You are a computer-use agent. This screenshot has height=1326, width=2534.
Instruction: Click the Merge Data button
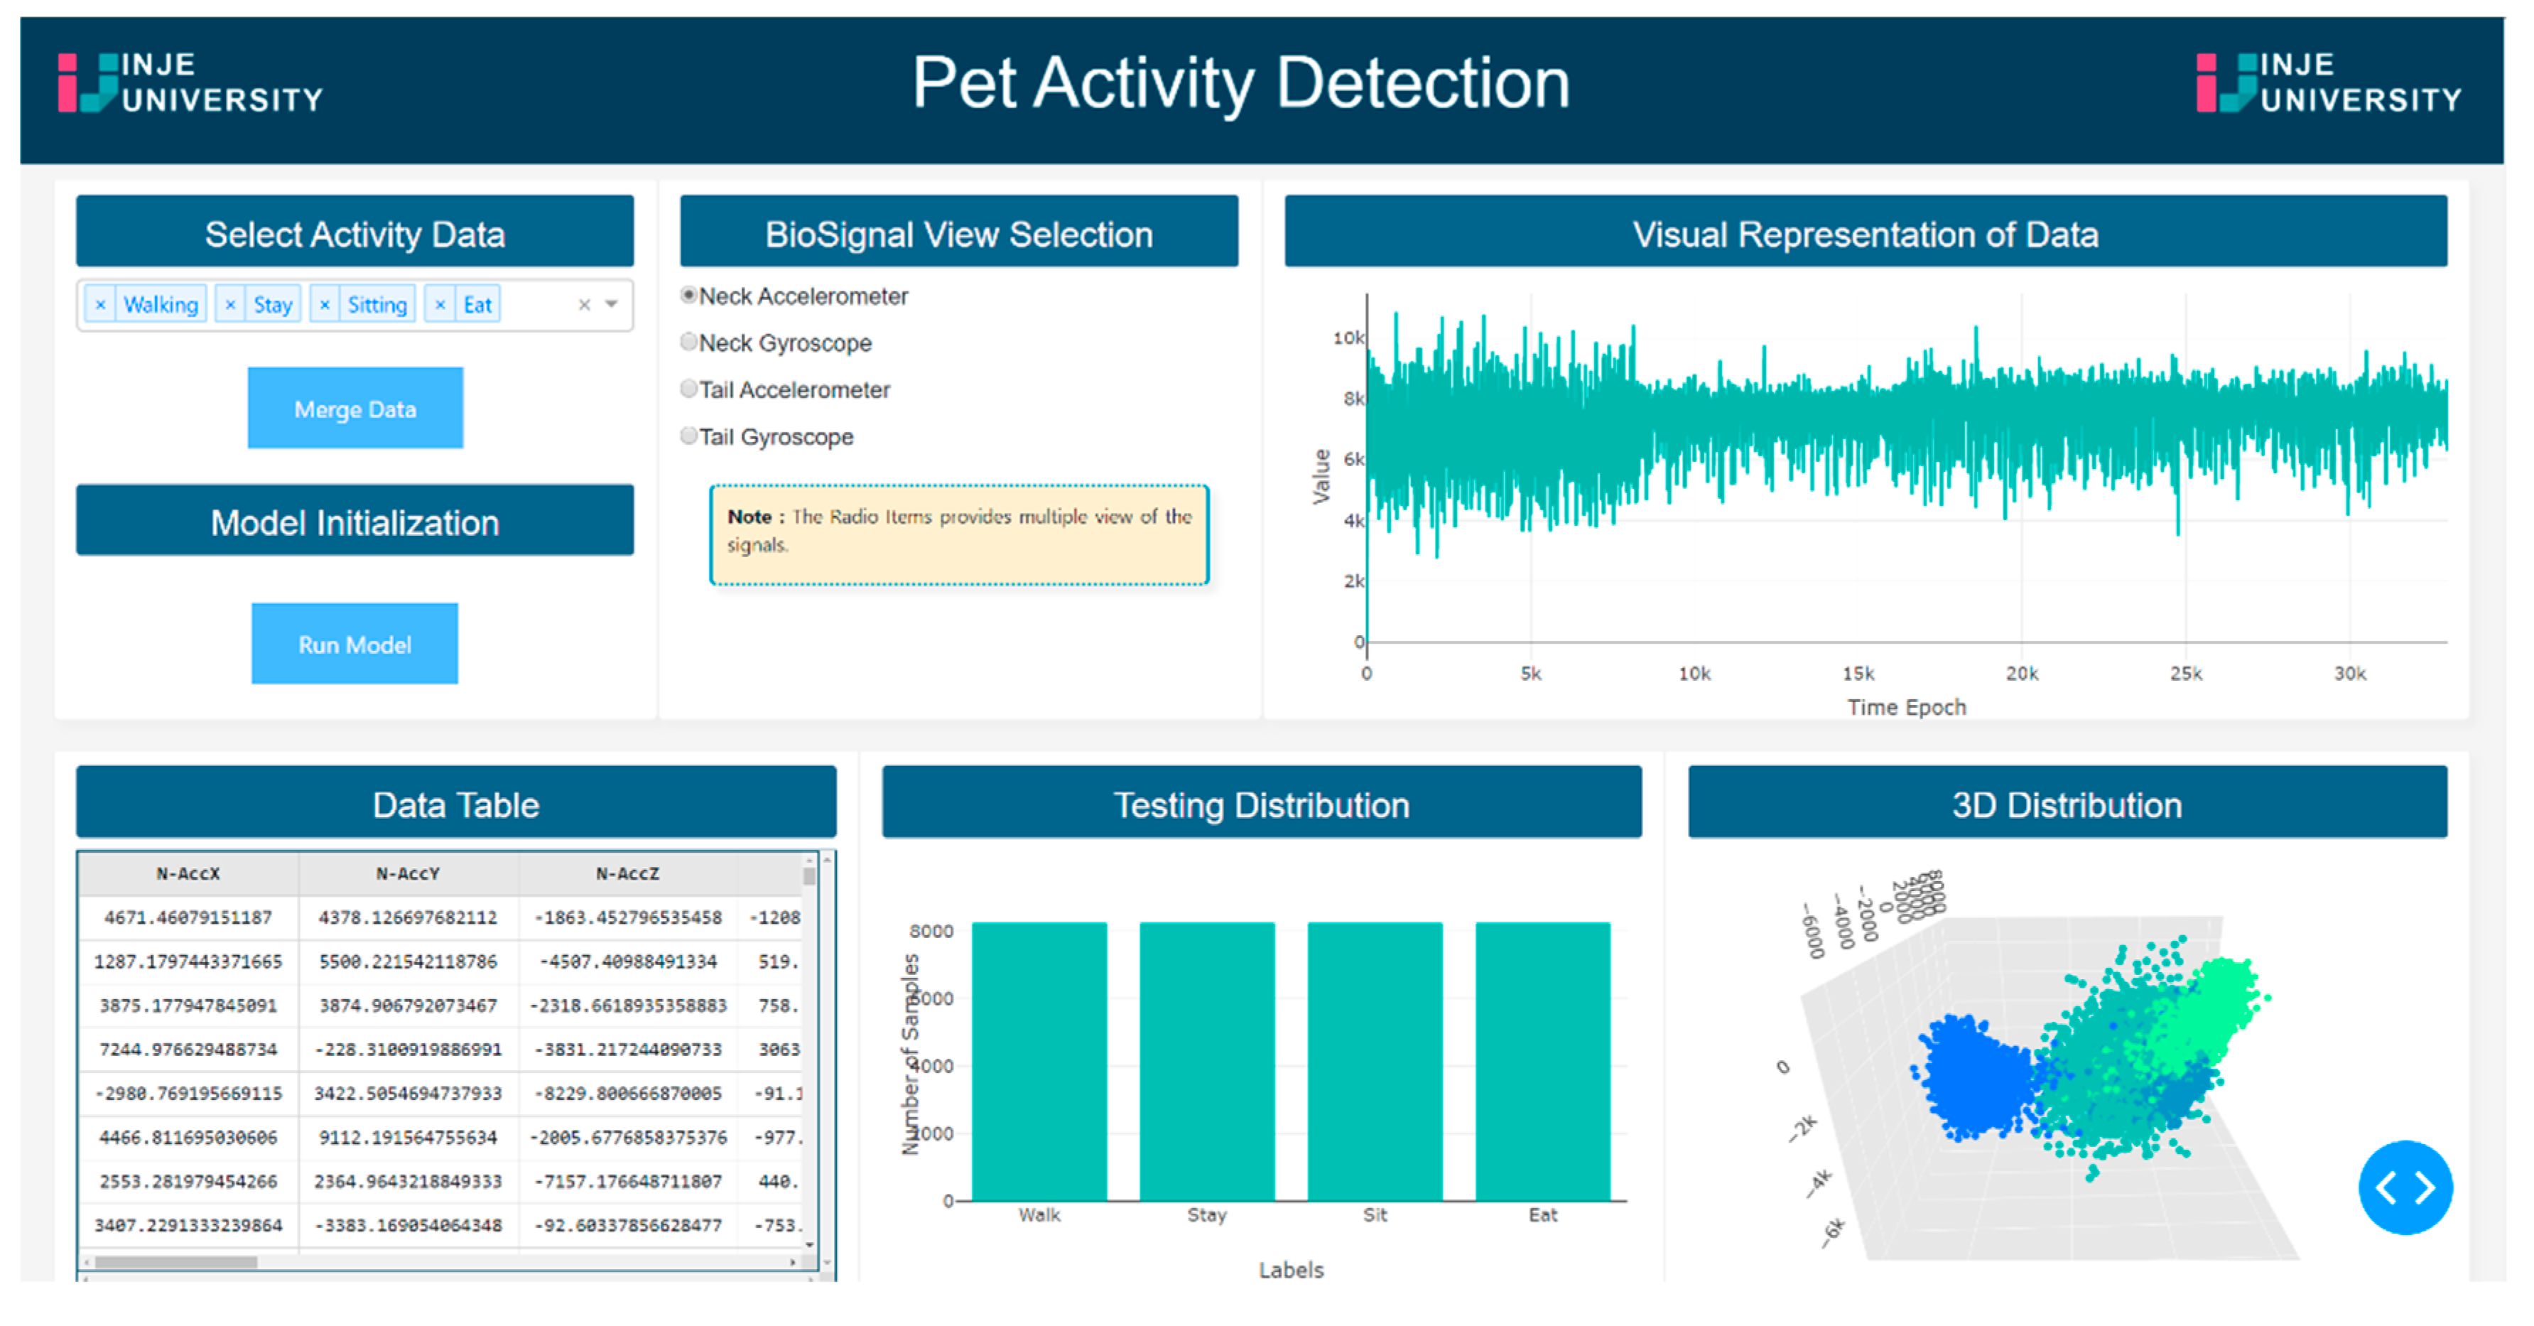[x=355, y=408]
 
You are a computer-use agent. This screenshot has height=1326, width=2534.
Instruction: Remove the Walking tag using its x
[x=100, y=305]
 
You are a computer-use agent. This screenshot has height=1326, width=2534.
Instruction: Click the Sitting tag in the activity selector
[x=377, y=305]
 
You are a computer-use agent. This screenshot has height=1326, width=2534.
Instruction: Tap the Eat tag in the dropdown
[x=477, y=305]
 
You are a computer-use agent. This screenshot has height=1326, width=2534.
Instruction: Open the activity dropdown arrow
[x=612, y=304]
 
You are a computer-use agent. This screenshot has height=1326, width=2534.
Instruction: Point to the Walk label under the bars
[x=1039, y=1215]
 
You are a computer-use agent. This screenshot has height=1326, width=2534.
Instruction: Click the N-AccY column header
[x=407, y=873]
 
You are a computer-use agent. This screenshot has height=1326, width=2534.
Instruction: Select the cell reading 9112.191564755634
[x=407, y=1137]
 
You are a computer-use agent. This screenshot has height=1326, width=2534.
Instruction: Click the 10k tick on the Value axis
[x=1348, y=338]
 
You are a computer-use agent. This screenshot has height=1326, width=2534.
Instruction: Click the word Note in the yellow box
[x=749, y=517]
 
